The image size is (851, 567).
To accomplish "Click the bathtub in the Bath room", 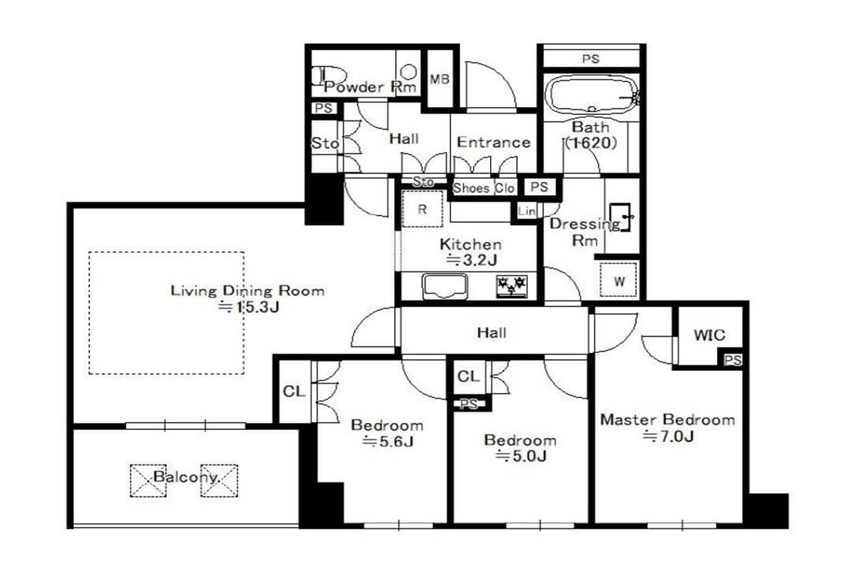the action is [x=591, y=96].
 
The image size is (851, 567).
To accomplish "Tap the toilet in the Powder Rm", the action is [x=329, y=76].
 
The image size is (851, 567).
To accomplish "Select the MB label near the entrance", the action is [x=440, y=80].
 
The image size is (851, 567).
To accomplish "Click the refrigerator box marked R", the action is [x=422, y=209].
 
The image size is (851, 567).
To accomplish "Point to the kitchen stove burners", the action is [x=511, y=287].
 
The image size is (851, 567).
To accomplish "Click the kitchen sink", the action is [x=445, y=287].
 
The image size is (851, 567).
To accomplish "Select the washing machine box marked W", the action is [x=619, y=280].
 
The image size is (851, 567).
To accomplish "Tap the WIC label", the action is [x=709, y=335].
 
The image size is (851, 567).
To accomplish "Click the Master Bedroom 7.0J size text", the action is [x=668, y=435].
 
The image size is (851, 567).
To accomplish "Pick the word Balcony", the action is [x=186, y=477].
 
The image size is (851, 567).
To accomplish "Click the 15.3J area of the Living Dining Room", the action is [x=248, y=307].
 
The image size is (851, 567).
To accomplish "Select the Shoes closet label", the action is [x=471, y=188].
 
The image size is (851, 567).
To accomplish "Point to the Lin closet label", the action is [x=526, y=210].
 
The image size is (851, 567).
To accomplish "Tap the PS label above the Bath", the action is [x=590, y=58].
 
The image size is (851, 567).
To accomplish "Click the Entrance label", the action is [x=493, y=143].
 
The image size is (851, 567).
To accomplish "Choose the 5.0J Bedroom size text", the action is [x=521, y=456].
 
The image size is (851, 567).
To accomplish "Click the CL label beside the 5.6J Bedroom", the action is [x=294, y=391].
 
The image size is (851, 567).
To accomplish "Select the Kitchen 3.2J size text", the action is [x=471, y=260].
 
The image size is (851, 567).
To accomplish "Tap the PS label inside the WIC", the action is [x=732, y=360].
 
